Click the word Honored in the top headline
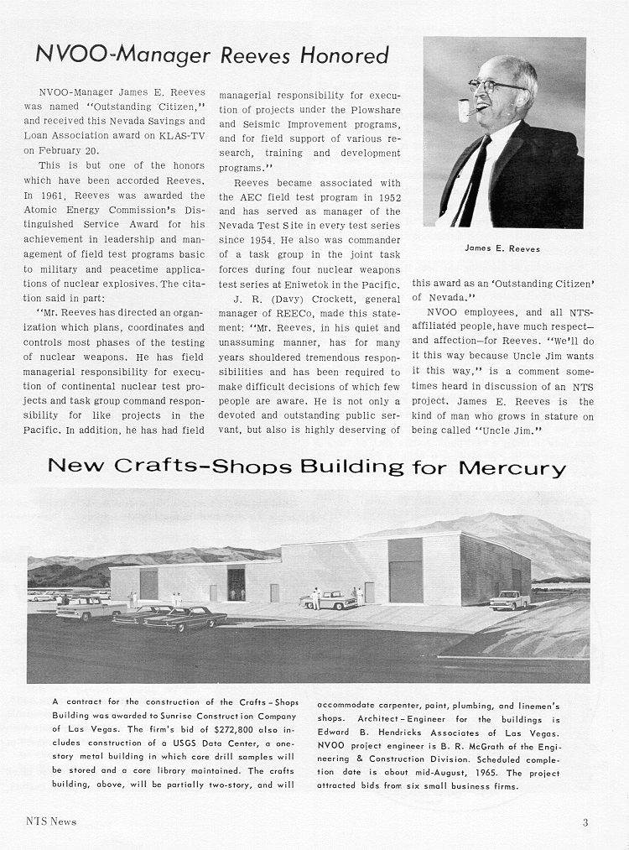tap(340, 56)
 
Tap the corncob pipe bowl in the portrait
tap(464, 110)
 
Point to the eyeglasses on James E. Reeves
tap(495, 86)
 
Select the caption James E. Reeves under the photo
tap(503, 248)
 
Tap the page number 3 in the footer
tap(585, 821)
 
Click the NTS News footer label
tap(49, 821)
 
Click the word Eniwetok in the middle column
tap(315, 286)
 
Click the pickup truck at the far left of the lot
tap(84, 608)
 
